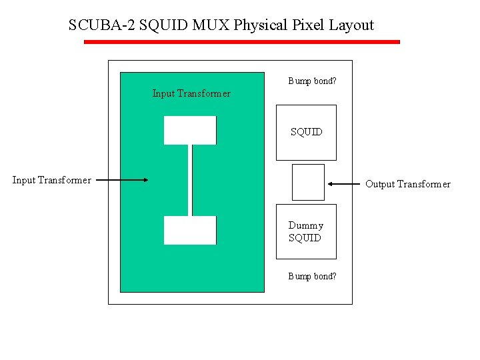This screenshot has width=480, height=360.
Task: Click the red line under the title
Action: tap(241, 42)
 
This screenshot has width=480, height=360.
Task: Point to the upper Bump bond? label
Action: tap(312, 81)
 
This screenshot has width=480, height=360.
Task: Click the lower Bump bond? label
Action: tap(312, 276)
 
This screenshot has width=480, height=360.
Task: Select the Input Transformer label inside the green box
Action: tap(191, 93)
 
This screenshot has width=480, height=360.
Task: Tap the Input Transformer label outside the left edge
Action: tap(52, 180)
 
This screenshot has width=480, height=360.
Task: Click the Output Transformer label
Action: tap(408, 184)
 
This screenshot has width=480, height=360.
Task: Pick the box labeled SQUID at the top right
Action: tap(306, 133)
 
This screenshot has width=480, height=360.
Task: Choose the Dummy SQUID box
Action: tap(306, 231)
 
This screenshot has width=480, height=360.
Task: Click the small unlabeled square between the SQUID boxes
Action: tap(308, 182)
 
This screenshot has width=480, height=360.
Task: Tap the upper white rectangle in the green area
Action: tap(190, 130)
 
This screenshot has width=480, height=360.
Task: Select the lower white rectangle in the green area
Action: tap(190, 230)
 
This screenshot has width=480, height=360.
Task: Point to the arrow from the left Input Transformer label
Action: tap(121, 180)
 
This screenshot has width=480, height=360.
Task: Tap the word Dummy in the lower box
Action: tap(305, 225)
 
